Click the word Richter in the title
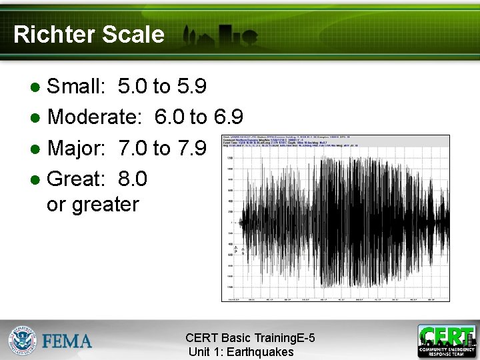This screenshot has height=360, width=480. pyautogui.click(x=51, y=35)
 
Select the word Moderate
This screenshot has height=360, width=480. pyautogui.click(x=94, y=118)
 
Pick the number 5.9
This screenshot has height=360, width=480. pyautogui.click(x=192, y=87)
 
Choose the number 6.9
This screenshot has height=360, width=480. pyautogui.click(x=228, y=118)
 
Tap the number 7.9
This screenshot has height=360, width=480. pyautogui.click(x=192, y=148)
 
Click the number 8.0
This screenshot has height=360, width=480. pyautogui.click(x=133, y=179)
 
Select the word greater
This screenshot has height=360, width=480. pyautogui.click(x=105, y=205)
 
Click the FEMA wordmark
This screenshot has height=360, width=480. pyautogui.click(x=67, y=341)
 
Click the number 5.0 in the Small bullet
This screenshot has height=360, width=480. pyautogui.click(x=133, y=87)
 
